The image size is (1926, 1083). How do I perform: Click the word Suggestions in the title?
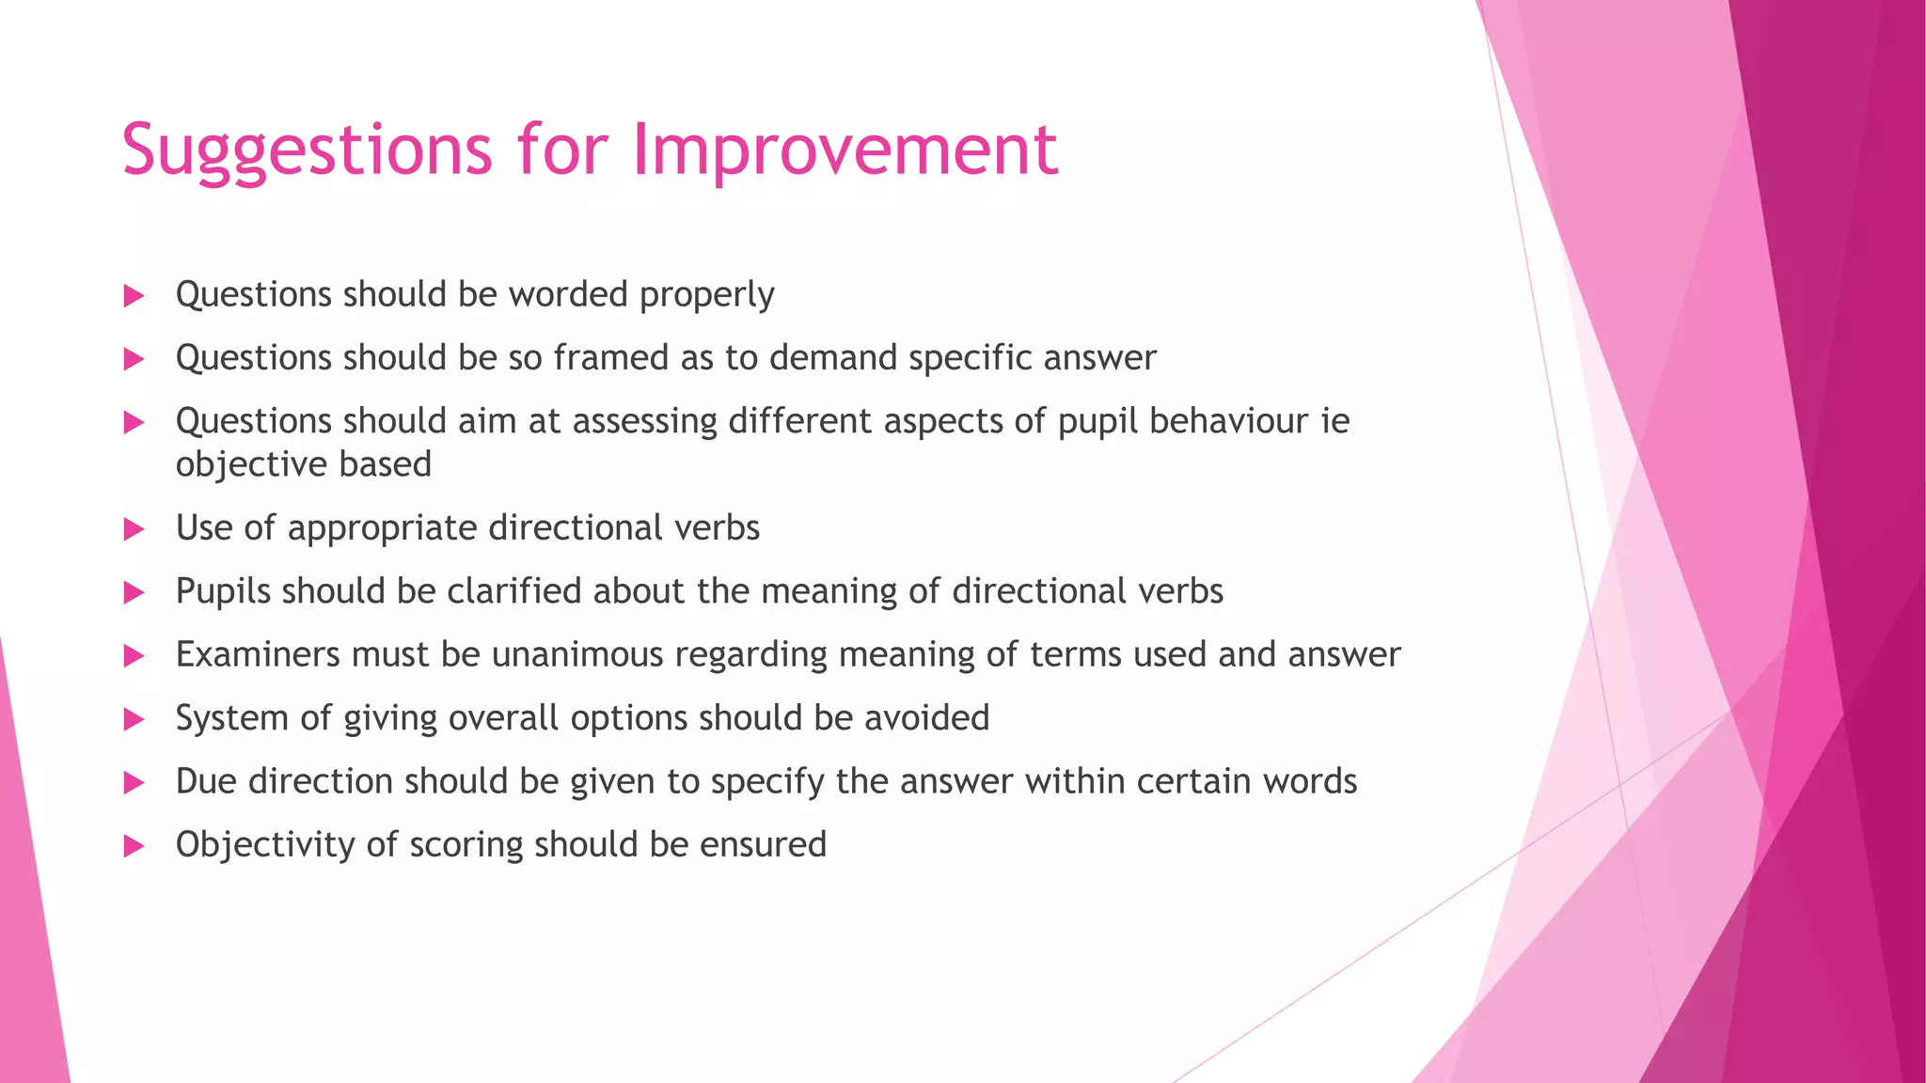pos(307,150)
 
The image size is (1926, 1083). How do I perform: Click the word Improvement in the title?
pos(845,150)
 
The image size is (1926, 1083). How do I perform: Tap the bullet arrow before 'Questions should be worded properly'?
pos(134,297)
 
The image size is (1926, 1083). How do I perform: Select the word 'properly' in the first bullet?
pos(706,295)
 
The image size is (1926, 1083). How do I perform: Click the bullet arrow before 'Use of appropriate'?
pos(134,530)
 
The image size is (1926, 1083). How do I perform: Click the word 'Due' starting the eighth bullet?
pos(205,781)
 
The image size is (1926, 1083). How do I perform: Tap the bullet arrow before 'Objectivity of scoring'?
pos(134,847)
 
